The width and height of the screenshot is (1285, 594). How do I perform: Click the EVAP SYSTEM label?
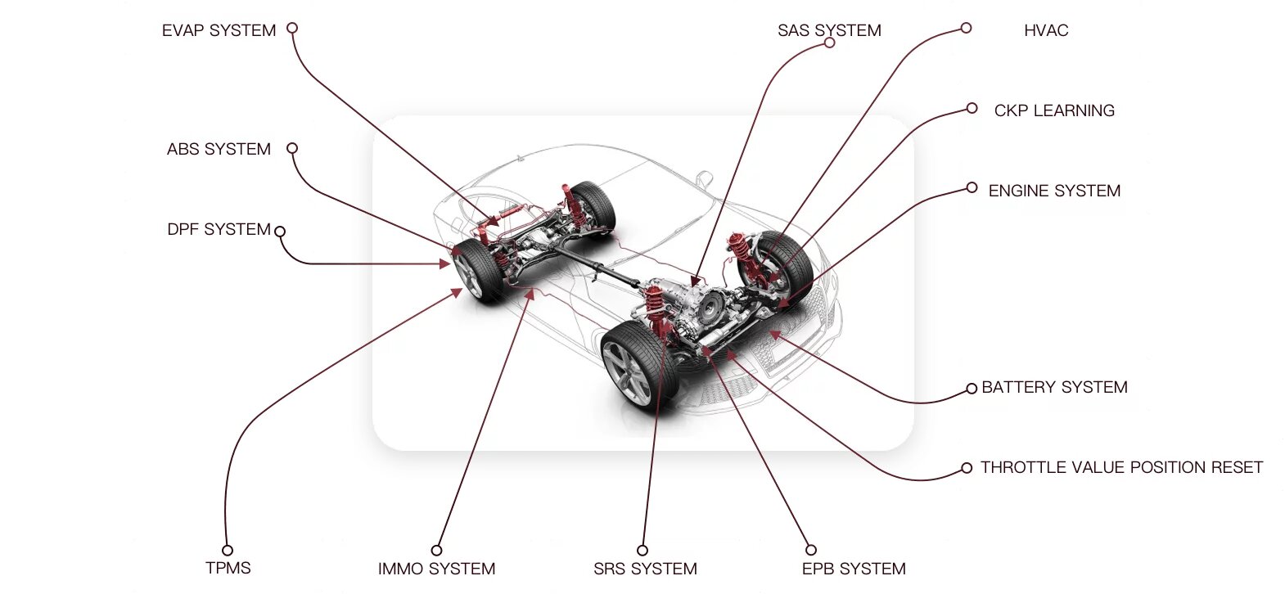[x=219, y=30]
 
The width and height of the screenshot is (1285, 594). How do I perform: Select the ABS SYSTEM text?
[x=219, y=149]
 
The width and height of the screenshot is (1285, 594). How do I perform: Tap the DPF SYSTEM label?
[x=219, y=229]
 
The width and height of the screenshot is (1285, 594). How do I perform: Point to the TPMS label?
[x=228, y=568]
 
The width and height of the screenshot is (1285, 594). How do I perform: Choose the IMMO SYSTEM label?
[x=436, y=569]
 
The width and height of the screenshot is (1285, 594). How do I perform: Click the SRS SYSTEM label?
[x=645, y=569]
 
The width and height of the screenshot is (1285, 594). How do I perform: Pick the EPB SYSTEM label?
[x=854, y=569]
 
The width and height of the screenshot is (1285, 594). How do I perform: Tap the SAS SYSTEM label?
[x=829, y=30]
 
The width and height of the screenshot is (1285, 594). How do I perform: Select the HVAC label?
[x=1046, y=30]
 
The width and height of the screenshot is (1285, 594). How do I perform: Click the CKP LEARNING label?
[x=1054, y=110]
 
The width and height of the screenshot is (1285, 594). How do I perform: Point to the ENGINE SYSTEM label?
[x=1054, y=191]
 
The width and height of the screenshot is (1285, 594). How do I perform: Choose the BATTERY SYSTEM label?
[x=1054, y=387]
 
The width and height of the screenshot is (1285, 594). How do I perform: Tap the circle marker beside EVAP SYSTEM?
[x=291, y=28]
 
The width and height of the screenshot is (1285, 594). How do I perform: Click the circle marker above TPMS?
[x=228, y=550]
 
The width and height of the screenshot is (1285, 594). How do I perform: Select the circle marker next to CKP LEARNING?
[x=972, y=108]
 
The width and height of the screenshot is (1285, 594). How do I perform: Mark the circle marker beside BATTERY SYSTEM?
[x=972, y=388]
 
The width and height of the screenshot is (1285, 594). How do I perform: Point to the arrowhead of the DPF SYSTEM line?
[x=446, y=263]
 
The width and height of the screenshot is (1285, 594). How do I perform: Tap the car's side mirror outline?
[x=703, y=178]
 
